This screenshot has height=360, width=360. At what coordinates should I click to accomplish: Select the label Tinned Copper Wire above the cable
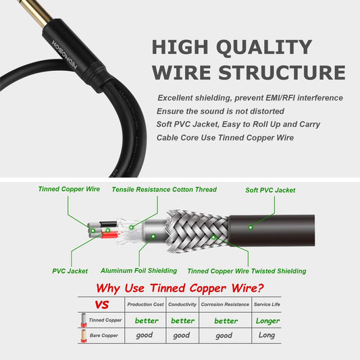[x=69, y=189]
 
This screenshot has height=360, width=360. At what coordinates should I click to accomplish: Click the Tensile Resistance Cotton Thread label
[x=164, y=190]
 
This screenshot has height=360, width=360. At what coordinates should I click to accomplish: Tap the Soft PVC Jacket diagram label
[x=270, y=190]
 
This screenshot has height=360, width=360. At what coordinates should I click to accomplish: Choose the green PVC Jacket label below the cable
[x=70, y=271]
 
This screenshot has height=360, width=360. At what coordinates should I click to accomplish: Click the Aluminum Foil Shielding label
[x=138, y=270]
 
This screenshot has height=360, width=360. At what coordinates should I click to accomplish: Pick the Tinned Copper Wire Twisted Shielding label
[x=246, y=271]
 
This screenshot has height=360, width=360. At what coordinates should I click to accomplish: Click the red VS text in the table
[x=102, y=305]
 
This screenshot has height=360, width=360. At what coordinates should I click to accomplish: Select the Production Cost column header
[x=145, y=305]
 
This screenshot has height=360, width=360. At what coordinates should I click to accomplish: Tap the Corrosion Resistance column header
[x=226, y=305]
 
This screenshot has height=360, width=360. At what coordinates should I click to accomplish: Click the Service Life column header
[x=266, y=305]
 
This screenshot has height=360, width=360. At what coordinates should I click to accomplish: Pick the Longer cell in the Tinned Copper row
[x=267, y=320]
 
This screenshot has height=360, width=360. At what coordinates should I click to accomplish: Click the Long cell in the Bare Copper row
[x=266, y=335]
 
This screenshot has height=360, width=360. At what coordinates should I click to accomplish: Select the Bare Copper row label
[x=104, y=336]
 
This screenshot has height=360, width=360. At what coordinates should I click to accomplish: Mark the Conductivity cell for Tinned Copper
[x=182, y=320]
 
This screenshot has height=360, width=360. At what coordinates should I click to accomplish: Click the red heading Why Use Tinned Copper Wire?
[x=180, y=288]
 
